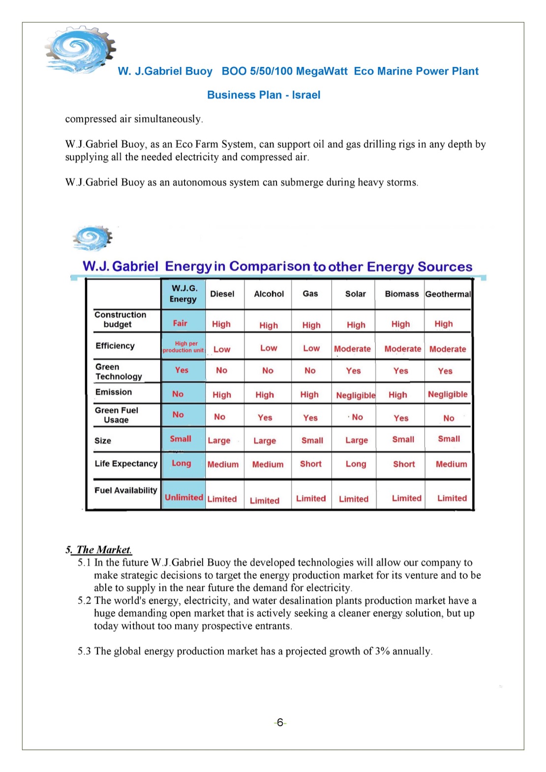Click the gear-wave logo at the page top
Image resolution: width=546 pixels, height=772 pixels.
point(80,50)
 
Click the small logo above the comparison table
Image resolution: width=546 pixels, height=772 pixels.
point(92,238)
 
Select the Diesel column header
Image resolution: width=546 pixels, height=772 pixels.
point(222,294)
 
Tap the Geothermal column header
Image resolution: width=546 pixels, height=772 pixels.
point(448,294)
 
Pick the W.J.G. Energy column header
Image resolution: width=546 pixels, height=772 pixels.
point(183,294)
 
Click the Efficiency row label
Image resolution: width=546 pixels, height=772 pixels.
point(115,346)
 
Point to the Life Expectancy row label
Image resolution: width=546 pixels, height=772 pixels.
point(126,463)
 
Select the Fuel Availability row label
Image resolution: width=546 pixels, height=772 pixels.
point(126,490)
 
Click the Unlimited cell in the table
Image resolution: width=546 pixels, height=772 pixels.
point(183,497)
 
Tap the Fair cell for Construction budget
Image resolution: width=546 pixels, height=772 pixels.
point(180,323)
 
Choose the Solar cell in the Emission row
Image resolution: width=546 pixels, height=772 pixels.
point(355,395)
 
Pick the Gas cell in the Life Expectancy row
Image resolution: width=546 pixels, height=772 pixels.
point(311,463)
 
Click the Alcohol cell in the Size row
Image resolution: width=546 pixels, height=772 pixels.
point(265,441)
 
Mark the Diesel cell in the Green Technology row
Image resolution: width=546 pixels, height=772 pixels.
point(222,371)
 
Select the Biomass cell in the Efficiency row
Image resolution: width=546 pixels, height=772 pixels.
point(402,349)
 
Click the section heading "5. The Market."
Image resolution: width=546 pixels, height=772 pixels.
point(99,550)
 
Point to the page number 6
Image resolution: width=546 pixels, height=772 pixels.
point(280,722)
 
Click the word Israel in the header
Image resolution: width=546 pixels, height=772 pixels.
point(306,95)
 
